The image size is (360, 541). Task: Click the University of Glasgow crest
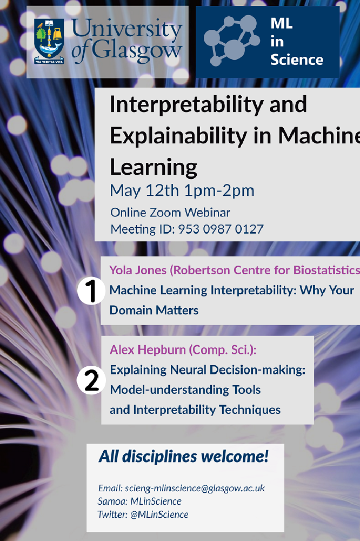click(49, 42)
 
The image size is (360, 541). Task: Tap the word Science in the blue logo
click(297, 60)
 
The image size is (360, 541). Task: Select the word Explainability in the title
click(178, 135)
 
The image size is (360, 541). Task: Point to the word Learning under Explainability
click(154, 167)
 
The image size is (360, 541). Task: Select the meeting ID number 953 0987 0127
click(221, 229)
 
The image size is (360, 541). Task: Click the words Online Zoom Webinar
click(170, 212)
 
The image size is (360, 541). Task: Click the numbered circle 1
click(91, 291)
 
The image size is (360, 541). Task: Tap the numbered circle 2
click(91, 380)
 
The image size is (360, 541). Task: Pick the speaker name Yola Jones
click(138, 270)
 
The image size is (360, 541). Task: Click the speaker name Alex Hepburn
click(148, 350)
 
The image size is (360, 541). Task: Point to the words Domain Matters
click(154, 310)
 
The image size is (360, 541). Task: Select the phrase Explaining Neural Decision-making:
click(208, 370)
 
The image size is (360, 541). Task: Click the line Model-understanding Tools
click(185, 390)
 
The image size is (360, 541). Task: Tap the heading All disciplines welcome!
click(183, 457)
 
